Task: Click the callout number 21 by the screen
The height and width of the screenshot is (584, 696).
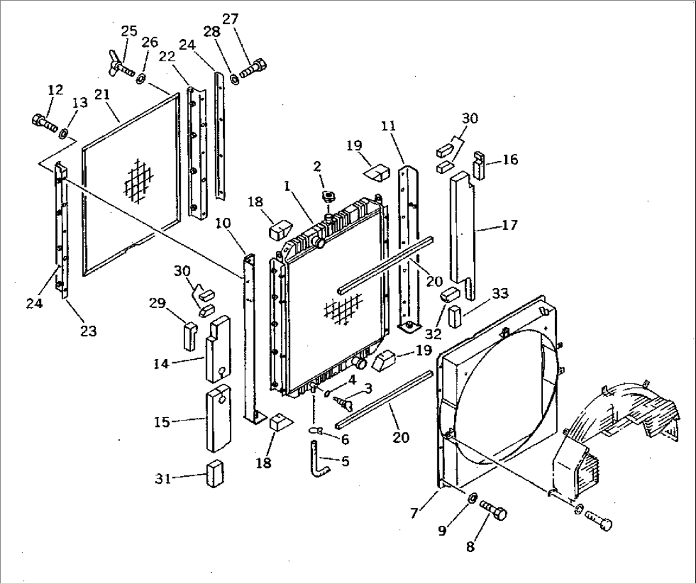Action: [x=102, y=95]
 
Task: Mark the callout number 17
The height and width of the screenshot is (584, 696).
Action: [x=510, y=226]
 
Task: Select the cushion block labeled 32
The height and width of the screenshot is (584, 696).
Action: [x=450, y=296]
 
